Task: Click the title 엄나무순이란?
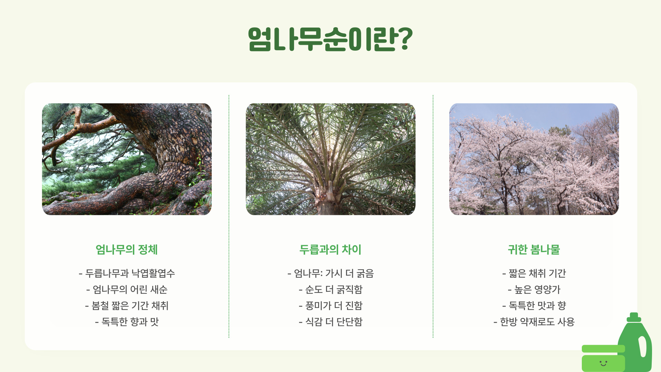(x=330, y=39)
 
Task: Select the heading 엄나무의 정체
(x=126, y=250)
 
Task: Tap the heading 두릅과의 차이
(x=330, y=250)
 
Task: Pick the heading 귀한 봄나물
(x=534, y=250)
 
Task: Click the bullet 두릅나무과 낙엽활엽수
(x=127, y=273)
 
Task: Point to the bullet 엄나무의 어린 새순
(x=127, y=290)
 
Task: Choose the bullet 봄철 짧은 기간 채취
(x=127, y=306)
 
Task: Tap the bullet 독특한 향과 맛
(x=127, y=322)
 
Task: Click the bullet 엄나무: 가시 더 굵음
(x=330, y=273)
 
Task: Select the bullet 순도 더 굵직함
(x=330, y=290)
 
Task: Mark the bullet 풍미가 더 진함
(x=330, y=306)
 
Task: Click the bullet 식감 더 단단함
(x=330, y=322)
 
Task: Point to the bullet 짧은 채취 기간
(x=534, y=273)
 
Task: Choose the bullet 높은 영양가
(x=534, y=290)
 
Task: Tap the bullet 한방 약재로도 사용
(x=534, y=322)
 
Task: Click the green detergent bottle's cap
(x=634, y=317)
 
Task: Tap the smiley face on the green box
(x=603, y=363)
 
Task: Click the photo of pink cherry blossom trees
(x=534, y=159)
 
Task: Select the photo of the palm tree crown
(x=330, y=159)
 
